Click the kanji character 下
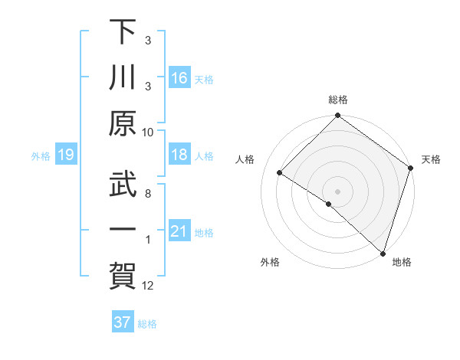[123, 33]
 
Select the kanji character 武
[123, 184]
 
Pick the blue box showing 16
[179, 78]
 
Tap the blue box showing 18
[179, 155]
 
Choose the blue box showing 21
[179, 232]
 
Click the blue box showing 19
[66, 155]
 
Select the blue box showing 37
[123, 322]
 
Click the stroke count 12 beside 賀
[149, 286]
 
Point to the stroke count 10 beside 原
[149, 132]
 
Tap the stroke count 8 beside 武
[147, 193]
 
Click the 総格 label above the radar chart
[337, 100]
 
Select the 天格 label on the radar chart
[431, 159]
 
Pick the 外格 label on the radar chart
[269, 263]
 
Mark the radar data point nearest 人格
[280, 173]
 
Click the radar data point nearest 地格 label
[383, 253]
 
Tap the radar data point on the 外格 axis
[329, 204]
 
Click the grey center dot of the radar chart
[337, 191]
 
